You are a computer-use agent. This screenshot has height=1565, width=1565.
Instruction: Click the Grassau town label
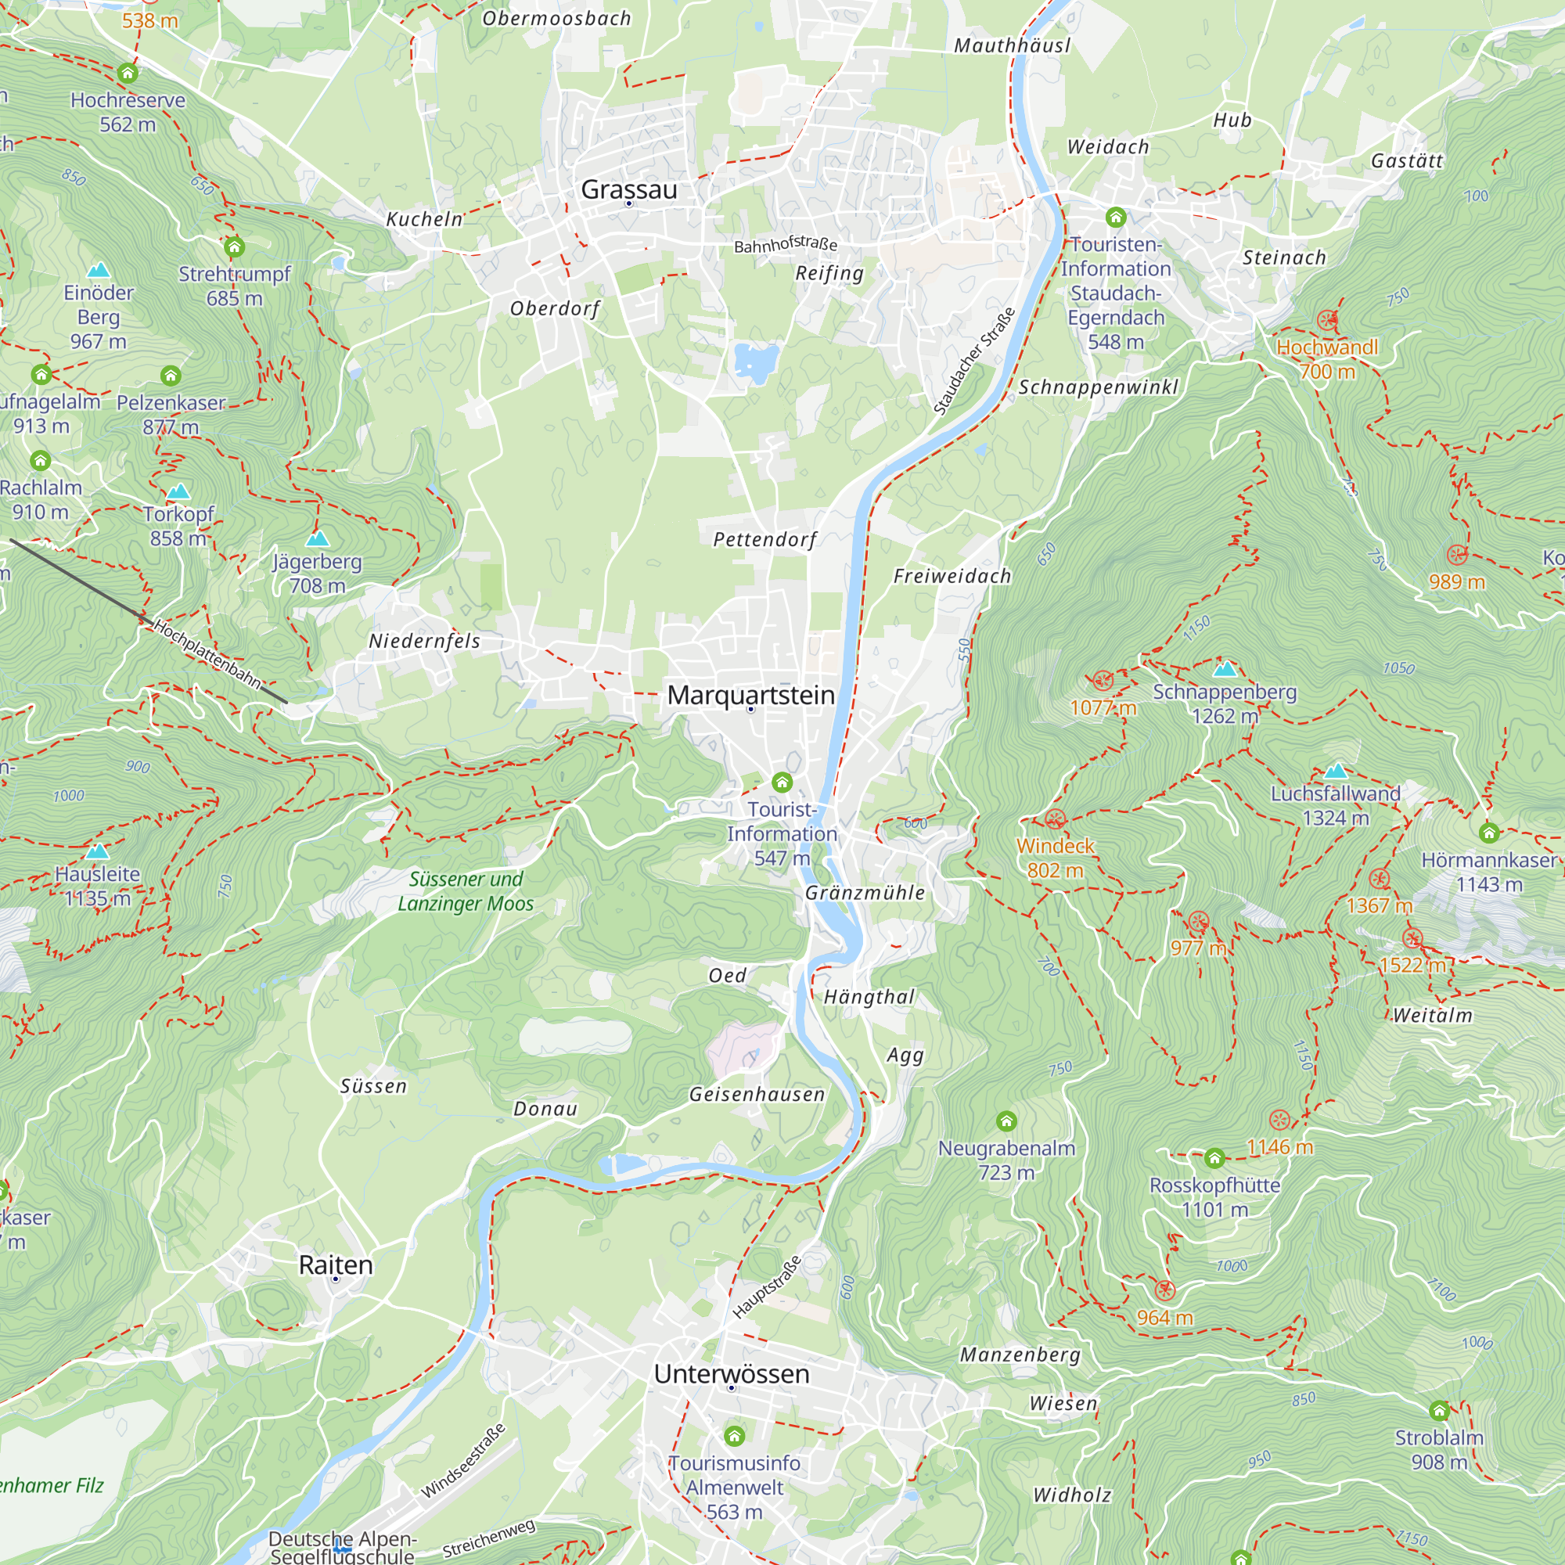[x=628, y=189]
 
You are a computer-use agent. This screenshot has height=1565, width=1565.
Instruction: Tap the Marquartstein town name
[x=750, y=695]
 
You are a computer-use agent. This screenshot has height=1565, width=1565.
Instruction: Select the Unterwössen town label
[x=732, y=1374]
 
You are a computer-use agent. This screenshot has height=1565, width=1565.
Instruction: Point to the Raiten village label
[x=336, y=1265]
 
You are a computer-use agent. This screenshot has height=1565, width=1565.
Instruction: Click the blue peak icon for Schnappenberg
[x=1225, y=669]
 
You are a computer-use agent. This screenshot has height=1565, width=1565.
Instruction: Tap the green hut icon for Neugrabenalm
[x=1006, y=1121]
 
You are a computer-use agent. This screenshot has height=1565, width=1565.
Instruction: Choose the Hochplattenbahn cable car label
[x=207, y=654]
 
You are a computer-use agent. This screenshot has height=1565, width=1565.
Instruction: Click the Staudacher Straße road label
[x=973, y=362]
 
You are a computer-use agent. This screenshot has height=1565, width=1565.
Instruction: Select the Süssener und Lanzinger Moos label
[x=466, y=891]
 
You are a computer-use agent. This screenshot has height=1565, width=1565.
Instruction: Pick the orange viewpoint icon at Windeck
[x=1055, y=820]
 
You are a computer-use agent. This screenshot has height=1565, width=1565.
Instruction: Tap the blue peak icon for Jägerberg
[x=318, y=538]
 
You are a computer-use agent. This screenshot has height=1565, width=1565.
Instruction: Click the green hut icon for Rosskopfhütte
[x=1214, y=1158]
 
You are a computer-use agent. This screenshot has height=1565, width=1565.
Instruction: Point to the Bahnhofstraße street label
[x=785, y=244]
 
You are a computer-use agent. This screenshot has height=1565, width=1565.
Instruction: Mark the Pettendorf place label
[x=765, y=539]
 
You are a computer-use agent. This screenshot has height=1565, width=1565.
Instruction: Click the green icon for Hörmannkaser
[x=1489, y=833]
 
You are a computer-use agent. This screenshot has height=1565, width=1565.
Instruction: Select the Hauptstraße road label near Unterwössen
[x=766, y=1286]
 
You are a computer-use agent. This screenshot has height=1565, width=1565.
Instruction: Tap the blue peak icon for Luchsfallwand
[x=1335, y=772]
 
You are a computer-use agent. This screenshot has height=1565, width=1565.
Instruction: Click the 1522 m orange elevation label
[x=1412, y=965]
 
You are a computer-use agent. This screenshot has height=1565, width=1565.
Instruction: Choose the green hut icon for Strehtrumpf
[x=234, y=246]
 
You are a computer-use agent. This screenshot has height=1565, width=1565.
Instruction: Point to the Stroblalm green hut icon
[x=1439, y=1411]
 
